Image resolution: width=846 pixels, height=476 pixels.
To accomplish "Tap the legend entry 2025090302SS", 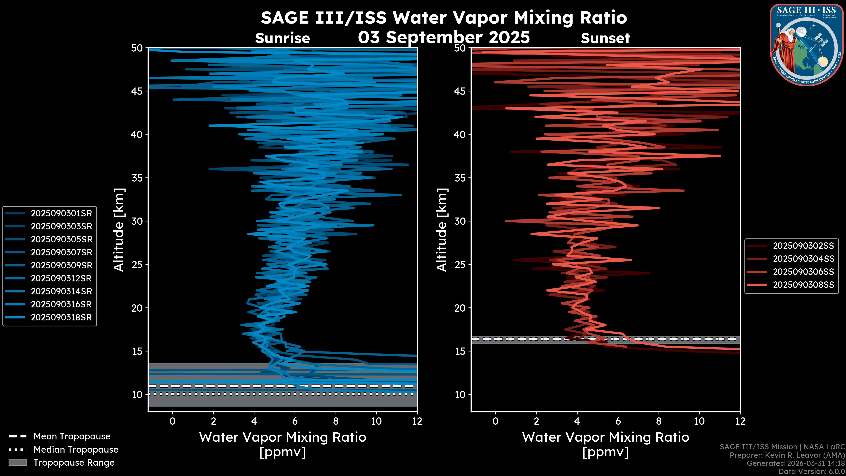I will [803, 246].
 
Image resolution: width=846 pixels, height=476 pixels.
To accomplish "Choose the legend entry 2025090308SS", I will [803, 284].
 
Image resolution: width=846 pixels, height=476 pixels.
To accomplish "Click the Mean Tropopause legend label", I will [72, 436].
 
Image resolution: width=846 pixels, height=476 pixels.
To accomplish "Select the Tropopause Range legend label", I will [74, 463].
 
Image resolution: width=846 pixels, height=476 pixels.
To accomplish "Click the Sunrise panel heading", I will [282, 38].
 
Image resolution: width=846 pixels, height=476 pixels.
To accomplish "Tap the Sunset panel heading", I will [605, 38].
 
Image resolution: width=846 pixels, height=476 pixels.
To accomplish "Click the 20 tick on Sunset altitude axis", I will [460, 308].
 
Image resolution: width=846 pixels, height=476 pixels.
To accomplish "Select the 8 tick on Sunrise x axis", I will [336, 421].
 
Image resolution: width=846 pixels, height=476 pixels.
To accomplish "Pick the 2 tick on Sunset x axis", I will [536, 421].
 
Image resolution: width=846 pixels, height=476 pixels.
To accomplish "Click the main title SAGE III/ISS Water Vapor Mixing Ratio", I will [444, 18].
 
